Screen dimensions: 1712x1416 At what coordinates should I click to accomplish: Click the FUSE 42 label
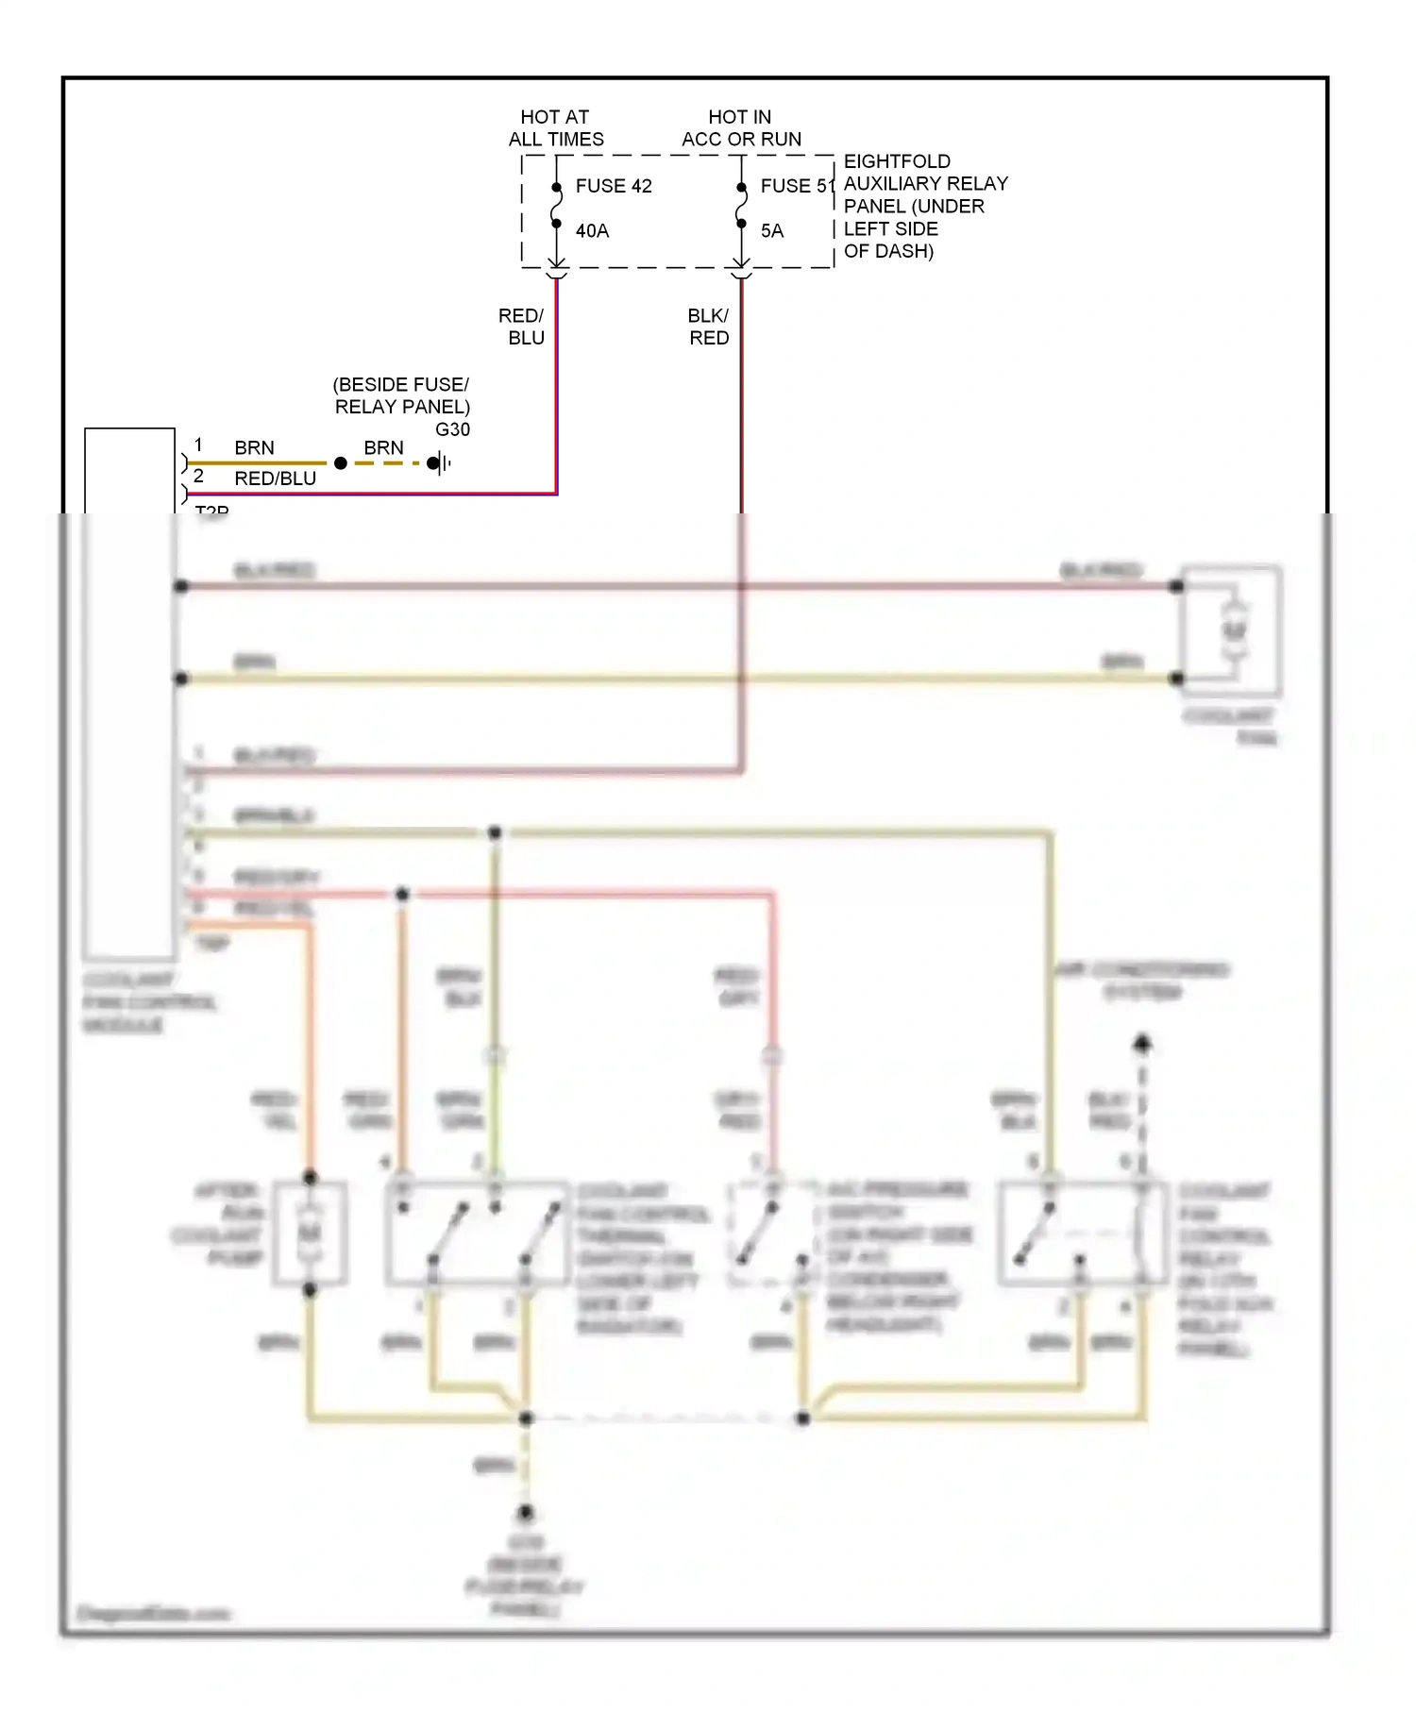(x=614, y=186)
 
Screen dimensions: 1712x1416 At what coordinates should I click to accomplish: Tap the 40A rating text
(x=592, y=231)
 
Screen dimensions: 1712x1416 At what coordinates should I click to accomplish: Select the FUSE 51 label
(x=797, y=186)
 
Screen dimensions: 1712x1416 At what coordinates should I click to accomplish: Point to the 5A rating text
(x=771, y=231)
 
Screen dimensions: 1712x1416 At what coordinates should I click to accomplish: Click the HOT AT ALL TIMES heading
(x=556, y=128)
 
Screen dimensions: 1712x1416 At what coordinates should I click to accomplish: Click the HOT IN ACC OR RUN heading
(x=741, y=128)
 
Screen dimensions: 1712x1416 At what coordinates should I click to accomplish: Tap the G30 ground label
(x=452, y=429)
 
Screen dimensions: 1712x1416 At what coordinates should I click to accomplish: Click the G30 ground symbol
(x=439, y=463)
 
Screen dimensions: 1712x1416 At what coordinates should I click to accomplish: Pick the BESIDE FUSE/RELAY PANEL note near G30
(x=401, y=395)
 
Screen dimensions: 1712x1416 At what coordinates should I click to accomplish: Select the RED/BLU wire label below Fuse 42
(x=523, y=327)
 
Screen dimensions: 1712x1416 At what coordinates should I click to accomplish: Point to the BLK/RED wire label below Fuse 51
(x=708, y=327)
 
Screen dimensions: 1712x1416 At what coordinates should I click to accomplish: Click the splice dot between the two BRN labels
(x=341, y=463)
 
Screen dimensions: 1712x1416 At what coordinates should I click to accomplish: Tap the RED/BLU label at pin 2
(x=275, y=479)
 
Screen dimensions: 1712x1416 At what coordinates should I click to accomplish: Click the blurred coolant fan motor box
(x=1232, y=630)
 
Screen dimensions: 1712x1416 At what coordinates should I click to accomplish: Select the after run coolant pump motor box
(x=310, y=1233)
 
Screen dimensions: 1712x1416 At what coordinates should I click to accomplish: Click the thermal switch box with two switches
(x=478, y=1233)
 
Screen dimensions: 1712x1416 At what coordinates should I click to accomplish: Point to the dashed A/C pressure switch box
(x=772, y=1233)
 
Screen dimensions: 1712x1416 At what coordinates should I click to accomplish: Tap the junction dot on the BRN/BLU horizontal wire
(x=495, y=832)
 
